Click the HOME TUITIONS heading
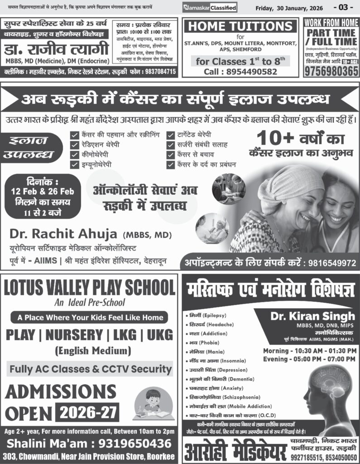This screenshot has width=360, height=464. pos(240,26)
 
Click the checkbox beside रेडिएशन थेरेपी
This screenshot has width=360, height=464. pos(74,145)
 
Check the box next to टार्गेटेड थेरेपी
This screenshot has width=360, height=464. pos(171,135)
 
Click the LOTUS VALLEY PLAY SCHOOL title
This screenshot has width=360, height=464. pos(89,288)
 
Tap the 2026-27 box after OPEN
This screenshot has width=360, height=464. pos(89,411)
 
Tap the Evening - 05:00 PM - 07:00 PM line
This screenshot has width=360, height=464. pos(310,359)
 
